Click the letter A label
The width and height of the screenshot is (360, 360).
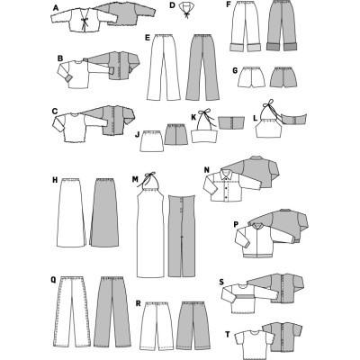(x=55, y=8)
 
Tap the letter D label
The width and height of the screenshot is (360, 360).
(x=172, y=5)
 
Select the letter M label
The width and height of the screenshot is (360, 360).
(x=135, y=179)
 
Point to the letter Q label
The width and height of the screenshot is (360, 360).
(x=54, y=280)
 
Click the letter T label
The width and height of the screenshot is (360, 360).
(x=228, y=334)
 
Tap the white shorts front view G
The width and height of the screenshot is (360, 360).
(x=252, y=77)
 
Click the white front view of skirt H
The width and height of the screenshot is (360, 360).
(x=71, y=212)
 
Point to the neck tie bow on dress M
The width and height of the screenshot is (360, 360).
(x=148, y=177)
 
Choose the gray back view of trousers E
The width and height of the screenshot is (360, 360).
(x=202, y=67)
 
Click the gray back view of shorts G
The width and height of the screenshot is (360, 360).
(x=284, y=77)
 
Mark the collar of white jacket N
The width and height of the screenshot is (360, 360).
(x=226, y=174)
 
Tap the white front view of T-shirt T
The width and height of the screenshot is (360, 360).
(x=253, y=345)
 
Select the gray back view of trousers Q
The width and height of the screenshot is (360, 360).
(x=112, y=311)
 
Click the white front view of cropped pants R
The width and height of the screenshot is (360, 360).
(x=157, y=325)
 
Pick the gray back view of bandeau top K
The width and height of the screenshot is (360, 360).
(x=230, y=123)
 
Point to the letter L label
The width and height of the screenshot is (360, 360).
(x=256, y=118)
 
